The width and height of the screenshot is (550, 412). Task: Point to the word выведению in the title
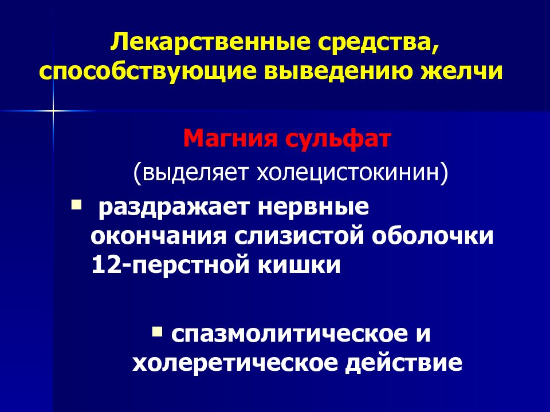point(335,73)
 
